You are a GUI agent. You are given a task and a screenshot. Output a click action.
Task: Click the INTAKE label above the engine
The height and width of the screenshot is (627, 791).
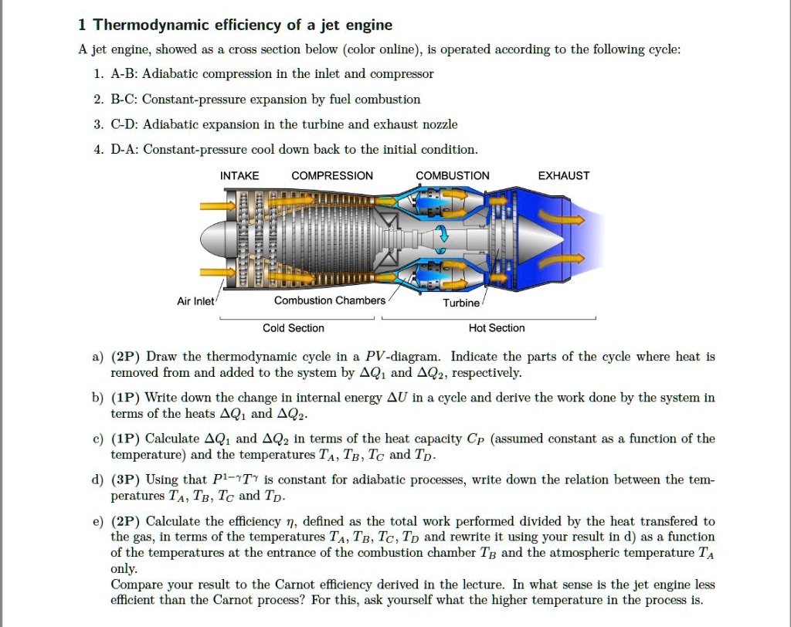(x=239, y=176)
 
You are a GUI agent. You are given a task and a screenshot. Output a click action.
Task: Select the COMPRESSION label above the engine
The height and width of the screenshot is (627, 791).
(x=332, y=176)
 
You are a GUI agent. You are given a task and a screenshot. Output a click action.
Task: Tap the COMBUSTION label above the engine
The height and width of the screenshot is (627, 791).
(x=452, y=176)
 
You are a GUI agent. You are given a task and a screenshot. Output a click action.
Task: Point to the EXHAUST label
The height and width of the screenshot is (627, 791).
(x=563, y=176)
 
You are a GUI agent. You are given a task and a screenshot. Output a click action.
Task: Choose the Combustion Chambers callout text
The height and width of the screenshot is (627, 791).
(x=329, y=300)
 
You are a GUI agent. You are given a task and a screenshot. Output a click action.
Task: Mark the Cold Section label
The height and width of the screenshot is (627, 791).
(x=294, y=328)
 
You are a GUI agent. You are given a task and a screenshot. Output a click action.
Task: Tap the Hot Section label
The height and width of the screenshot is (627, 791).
(x=497, y=328)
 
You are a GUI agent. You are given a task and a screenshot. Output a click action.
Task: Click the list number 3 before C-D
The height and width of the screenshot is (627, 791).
(x=98, y=124)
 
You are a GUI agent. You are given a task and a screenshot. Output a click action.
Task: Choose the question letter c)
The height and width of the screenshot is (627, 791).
(x=97, y=439)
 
